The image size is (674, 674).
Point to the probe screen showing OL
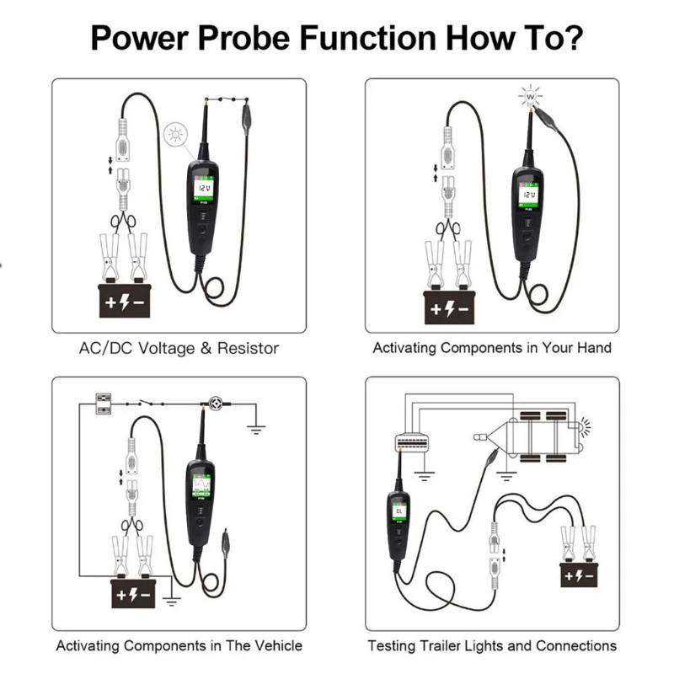click(x=398, y=512)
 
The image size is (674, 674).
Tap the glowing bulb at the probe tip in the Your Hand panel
click(x=531, y=98)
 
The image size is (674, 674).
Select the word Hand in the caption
click(x=594, y=347)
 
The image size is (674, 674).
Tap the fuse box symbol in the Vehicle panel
click(x=104, y=402)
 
